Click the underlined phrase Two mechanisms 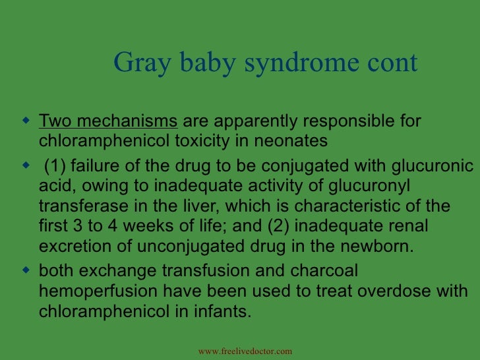point(109,123)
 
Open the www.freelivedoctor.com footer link point(245,351)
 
